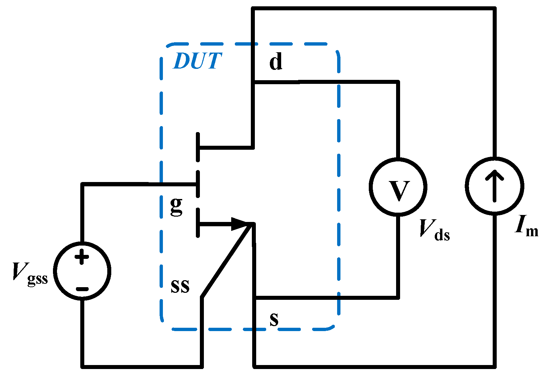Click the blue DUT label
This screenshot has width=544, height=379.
[x=197, y=61]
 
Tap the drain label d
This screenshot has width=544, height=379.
[x=276, y=62]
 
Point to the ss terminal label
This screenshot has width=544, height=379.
[x=180, y=286]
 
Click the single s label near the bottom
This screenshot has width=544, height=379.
[x=274, y=319]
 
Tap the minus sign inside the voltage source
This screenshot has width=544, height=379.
[x=82, y=289]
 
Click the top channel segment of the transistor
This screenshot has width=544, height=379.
[x=198, y=147]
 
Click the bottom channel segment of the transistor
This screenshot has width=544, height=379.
[x=198, y=223]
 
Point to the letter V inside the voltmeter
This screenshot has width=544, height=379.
[x=399, y=191]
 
